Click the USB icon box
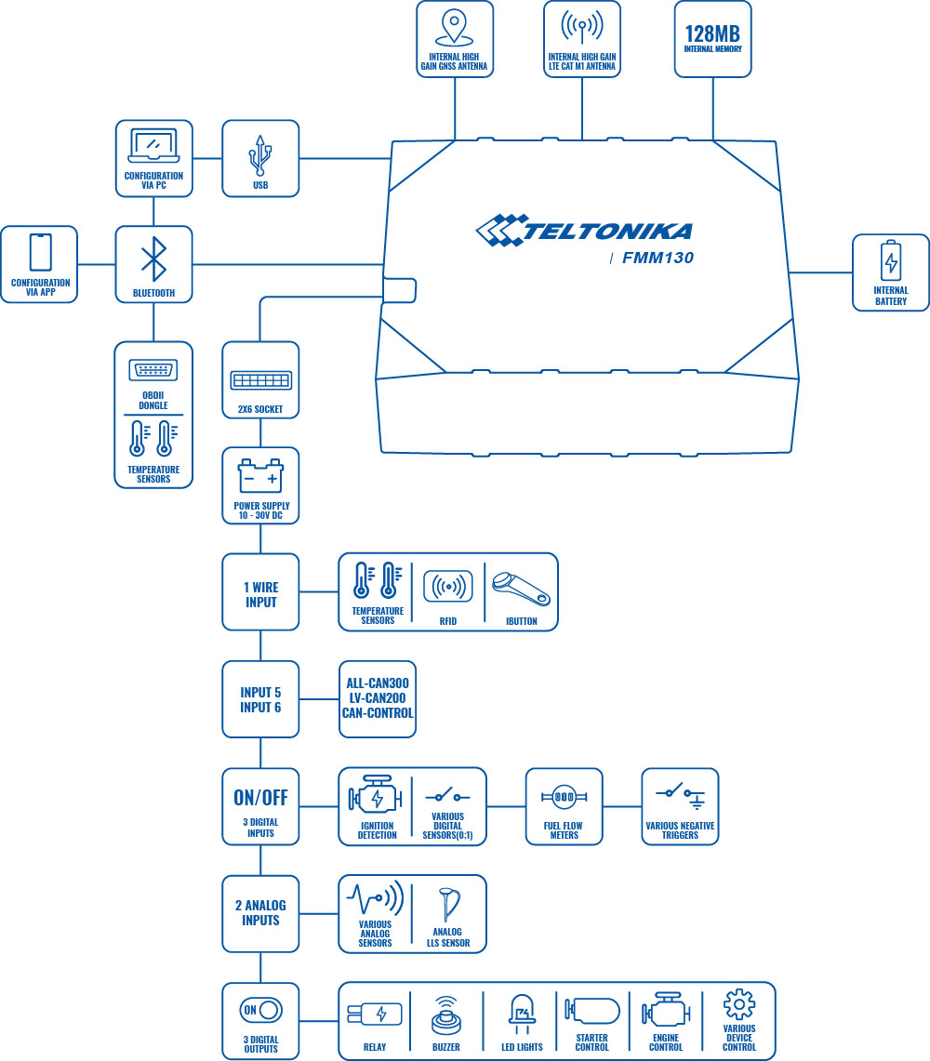click(x=260, y=158)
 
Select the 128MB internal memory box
click(x=712, y=38)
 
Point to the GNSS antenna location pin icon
click(x=454, y=27)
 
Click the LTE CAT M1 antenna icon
click(x=582, y=28)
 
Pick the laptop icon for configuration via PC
click(x=153, y=146)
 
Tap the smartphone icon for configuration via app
click(x=40, y=252)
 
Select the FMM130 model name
click(x=658, y=259)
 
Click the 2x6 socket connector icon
click(x=260, y=381)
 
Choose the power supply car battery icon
click(x=260, y=478)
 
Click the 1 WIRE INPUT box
click(x=260, y=593)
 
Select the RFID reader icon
click(x=447, y=587)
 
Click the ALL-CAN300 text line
click(x=377, y=683)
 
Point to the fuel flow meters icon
click(x=564, y=797)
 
